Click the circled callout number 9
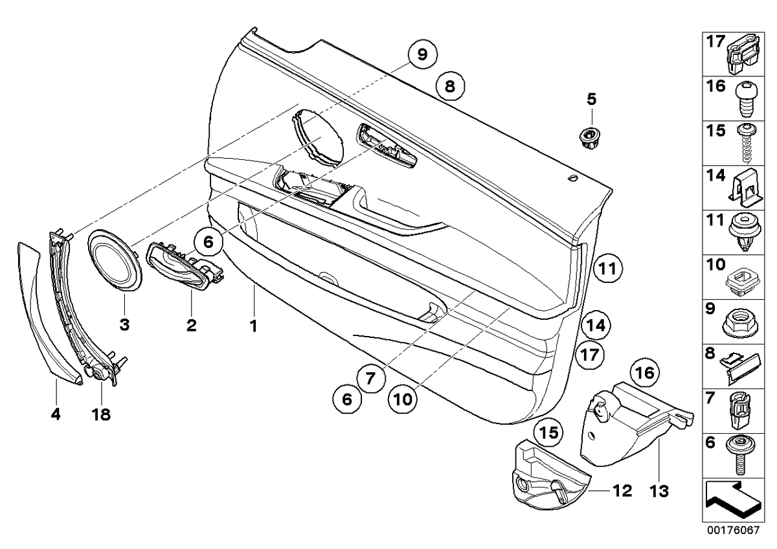click(422, 54)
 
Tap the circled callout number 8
click(450, 85)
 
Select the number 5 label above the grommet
click(591, 99)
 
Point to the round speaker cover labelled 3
click(115, 259)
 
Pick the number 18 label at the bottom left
click(101, 414)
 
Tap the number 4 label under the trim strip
click(56, 414)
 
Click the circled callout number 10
click(403, 399)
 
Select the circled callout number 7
click(370, 378)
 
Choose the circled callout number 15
click(548, 432)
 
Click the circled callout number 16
click(646, 373)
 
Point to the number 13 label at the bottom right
click(659, 491)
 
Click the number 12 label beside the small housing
click(623, 491)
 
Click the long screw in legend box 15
click(746, 142)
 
